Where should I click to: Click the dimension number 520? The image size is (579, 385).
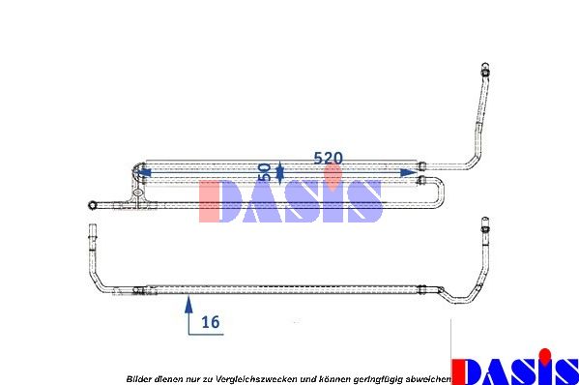coord(328,158)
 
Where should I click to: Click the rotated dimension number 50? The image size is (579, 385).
coord(265,172)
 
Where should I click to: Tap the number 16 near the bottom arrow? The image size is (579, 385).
coord(211,322)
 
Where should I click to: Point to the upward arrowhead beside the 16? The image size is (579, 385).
coord(188,305)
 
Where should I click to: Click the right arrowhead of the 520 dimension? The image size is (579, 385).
coord(409,172)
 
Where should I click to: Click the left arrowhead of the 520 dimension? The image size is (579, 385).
coord(144,172)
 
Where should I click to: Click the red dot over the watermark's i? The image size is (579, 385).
coord(333,178)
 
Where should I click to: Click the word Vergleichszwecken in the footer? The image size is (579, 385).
coord(256,379)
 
